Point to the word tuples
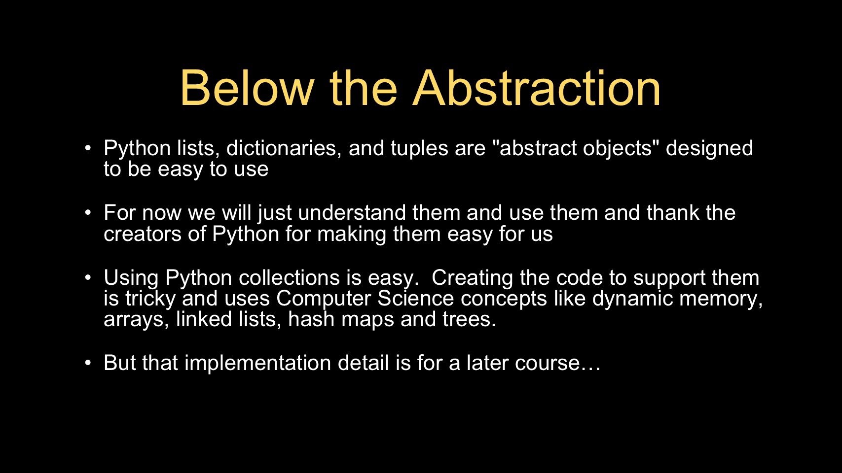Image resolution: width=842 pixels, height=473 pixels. tap(419, 149)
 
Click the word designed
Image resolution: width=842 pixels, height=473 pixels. tap(709, 149)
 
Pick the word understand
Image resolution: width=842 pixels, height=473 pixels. tap(352, 212)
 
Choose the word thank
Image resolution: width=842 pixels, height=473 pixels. tap(673, 212)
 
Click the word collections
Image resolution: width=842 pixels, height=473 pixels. tap(289, 278)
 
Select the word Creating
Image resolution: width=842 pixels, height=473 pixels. tap(472, 278)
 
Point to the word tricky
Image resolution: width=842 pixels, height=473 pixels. tap(150, 299)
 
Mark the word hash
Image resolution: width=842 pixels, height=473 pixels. tap(311, 319)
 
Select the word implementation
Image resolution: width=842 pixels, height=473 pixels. tap(257, 364)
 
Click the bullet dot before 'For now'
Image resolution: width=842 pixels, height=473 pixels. tap(88, 213)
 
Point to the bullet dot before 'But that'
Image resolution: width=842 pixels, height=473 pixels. tap(88, 363)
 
